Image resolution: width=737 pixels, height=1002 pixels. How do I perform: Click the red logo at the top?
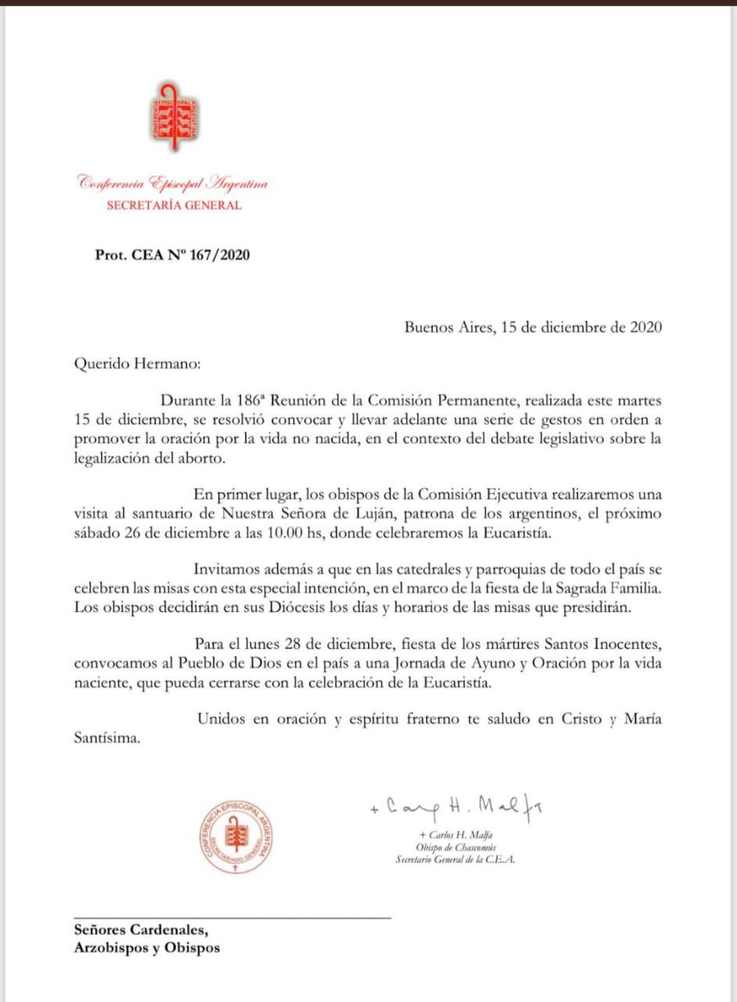[x=174, y=117]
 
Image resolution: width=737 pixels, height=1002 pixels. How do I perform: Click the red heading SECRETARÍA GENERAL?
[x=174, y=206]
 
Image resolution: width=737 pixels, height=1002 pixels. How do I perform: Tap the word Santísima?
[x=107, y=737]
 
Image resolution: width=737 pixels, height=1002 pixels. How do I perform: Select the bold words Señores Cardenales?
[x=141, y=931]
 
